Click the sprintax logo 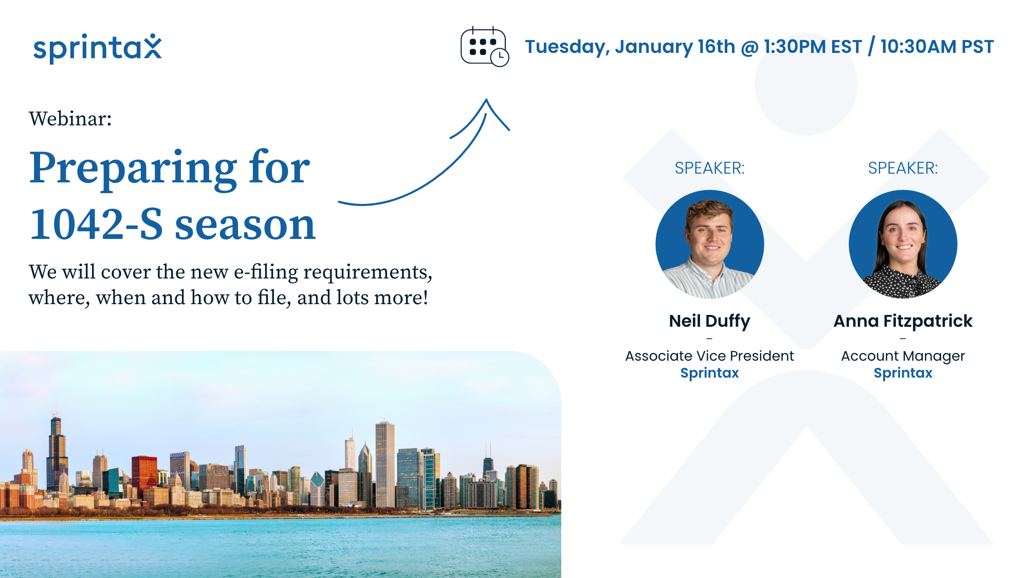pos(97,48)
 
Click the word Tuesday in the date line pos(565,47)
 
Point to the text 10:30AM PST pos(937,47)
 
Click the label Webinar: pos(70,119)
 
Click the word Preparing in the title pos(133,168)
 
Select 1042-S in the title pos(96,225)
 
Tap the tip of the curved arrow pos(486,101)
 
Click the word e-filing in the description pos(266,272)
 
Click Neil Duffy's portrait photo pos(709,244)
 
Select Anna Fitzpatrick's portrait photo pos(903,244)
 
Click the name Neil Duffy pos(709,321)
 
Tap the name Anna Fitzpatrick pos(903,321)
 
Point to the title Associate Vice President pos(709,356)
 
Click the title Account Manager pos(903,356)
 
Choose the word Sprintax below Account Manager pos(903,373)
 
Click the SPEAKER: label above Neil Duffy pos(709,168)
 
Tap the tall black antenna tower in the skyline pos(56,452)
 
